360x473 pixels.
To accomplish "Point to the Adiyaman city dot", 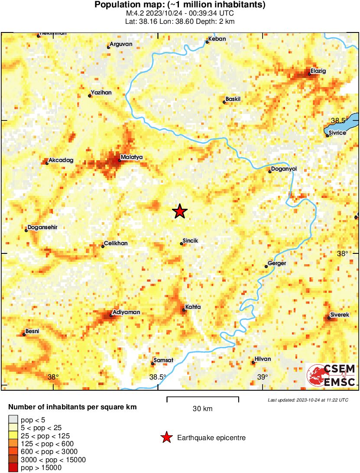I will (x=111, y=315).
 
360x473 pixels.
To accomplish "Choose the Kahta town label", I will (x=193, y=307).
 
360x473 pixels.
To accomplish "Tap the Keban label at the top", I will (x=217, y=39).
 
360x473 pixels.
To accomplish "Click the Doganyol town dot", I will (x=270, y=172).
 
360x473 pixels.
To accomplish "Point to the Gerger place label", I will (x=277, y=263).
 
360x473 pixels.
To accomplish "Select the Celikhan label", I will (x=116, y=243).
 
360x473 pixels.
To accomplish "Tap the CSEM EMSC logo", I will (x=332, y=375).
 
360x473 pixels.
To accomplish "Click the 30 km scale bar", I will (x=203, y=397).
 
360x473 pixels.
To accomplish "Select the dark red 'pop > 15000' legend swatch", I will (x=13, y=467).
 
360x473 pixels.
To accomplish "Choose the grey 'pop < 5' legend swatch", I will (x=13, y=419).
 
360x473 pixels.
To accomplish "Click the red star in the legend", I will (x=166, y=438).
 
